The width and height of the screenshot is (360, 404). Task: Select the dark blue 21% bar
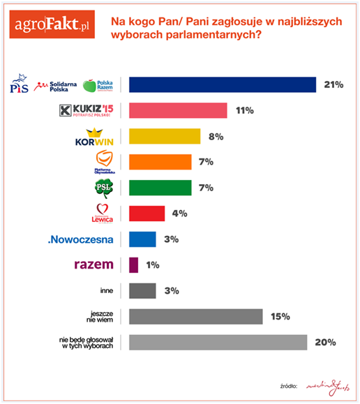[223, 84]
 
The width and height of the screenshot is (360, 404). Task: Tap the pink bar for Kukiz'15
[178, 110]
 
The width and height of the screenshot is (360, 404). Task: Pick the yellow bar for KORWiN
[165, 136]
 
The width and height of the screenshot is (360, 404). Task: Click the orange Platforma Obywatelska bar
[160, 162]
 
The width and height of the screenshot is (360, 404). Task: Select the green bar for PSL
[160, 188]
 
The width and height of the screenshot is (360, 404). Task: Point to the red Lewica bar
[147, 213]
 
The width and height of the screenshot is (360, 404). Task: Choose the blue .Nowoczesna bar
[142, 239]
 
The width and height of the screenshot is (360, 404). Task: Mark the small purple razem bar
[134, 264]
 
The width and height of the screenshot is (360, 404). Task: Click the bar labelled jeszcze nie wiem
[196, 316]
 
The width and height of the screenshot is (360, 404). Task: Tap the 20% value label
[326, 343]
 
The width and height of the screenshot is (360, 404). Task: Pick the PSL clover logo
[103, 188]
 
